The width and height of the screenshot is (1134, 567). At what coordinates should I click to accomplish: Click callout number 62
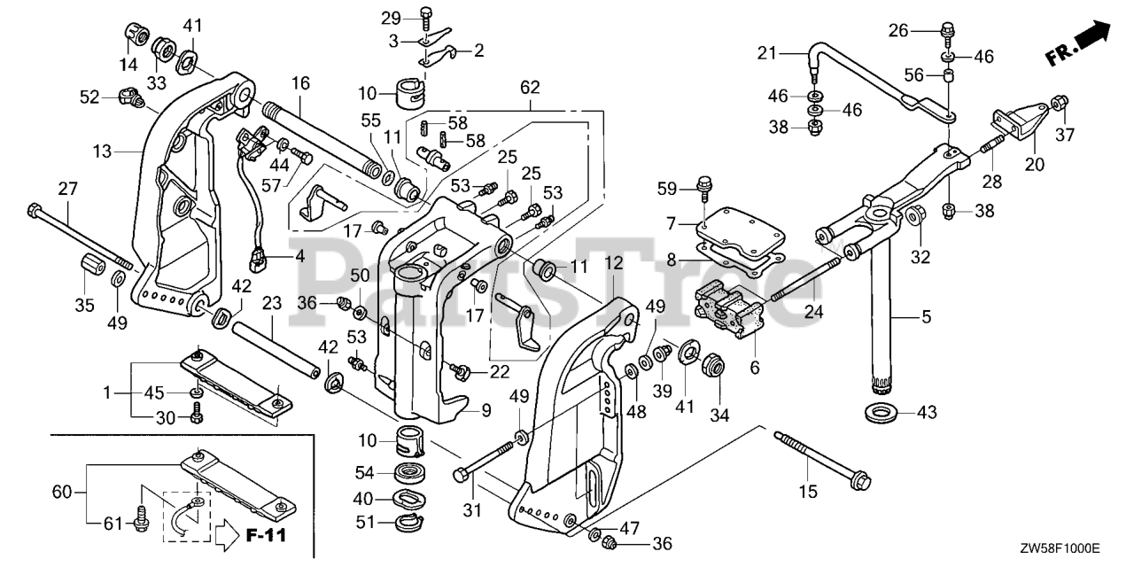[x=529, y=89]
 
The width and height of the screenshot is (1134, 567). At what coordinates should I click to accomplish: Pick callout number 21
[x=767, y=53]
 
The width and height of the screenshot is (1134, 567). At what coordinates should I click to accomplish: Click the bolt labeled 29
[x=425, y=14]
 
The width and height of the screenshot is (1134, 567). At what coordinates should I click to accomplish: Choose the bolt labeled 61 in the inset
[x=140, y=523]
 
